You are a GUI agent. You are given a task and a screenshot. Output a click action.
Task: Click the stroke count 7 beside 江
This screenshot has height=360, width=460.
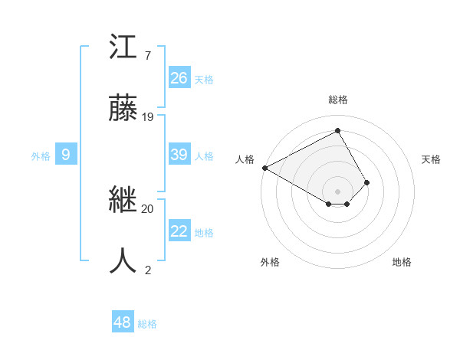coord(147,56)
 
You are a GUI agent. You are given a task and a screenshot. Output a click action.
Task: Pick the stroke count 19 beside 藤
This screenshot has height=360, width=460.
coord(148,117)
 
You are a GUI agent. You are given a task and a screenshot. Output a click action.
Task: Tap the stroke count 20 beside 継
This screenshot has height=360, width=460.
coord(148,208)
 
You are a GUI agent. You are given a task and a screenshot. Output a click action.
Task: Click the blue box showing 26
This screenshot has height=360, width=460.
coord(179,78)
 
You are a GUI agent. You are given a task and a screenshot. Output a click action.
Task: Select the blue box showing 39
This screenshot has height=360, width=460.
coord(179,155)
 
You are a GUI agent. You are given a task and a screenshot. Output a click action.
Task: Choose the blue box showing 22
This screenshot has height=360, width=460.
coord(179,231)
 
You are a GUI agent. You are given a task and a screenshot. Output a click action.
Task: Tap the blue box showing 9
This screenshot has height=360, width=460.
coord(66,155)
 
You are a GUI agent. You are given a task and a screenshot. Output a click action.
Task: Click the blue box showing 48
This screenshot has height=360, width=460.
coord(123,322)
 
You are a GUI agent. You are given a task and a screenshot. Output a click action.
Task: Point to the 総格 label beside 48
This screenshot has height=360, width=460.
coord(147,324)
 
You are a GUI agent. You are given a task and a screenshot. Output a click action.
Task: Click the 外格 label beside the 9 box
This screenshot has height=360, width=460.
coord(41,156)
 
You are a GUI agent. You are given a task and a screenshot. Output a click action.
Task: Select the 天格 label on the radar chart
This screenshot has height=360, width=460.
coord(431,159)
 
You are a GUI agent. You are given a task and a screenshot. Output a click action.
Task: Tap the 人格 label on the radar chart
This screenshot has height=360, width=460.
coord(244,159)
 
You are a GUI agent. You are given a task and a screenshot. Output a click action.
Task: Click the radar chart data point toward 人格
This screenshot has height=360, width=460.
coord(264,168)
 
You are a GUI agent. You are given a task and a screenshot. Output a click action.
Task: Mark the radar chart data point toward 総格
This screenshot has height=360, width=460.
coord(337,130)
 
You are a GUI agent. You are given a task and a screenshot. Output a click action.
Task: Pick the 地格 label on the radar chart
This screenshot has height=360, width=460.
coord(402,262)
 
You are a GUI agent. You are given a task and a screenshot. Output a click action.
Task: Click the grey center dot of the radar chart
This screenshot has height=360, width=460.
coord(337,191)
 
